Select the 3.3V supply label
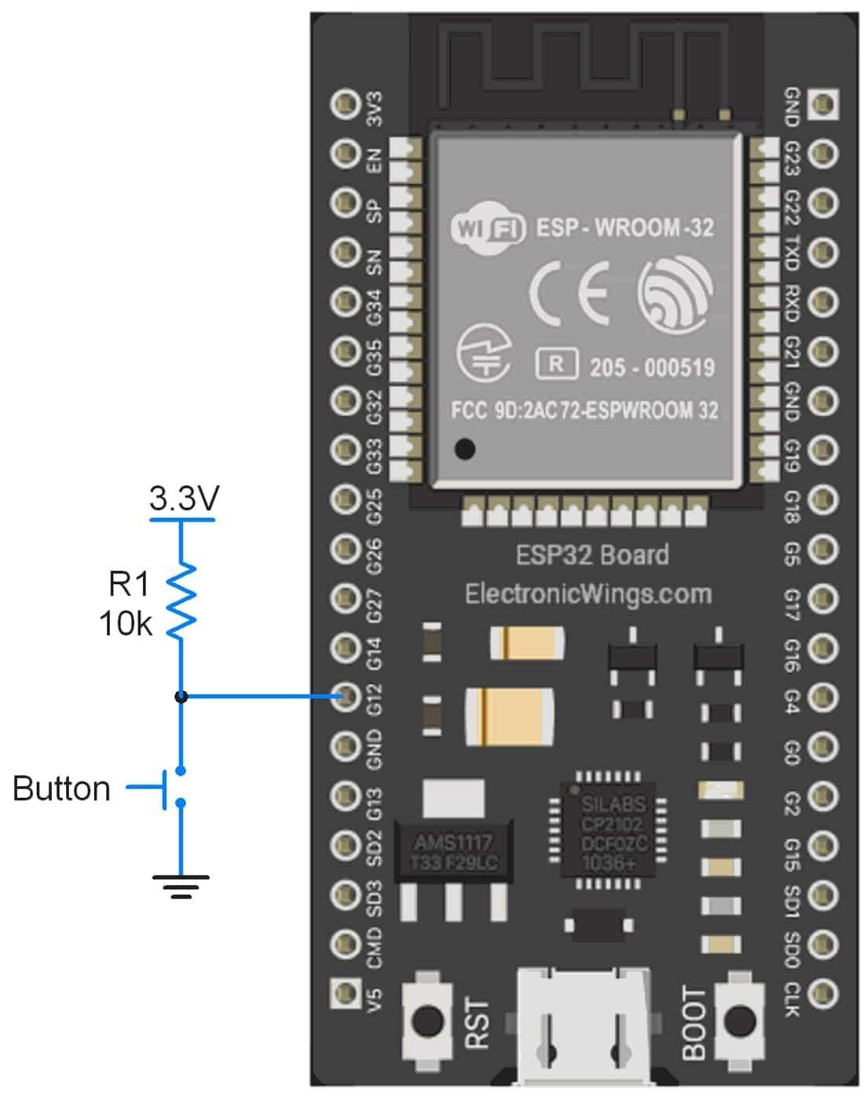click(x=184, y=499)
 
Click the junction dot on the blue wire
click(x=181, y=697)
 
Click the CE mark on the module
click(x=569, y=294)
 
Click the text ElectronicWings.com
click(x=588, y=594)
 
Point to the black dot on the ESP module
click(x=465, y=449)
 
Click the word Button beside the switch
click(x=61, y=788)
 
